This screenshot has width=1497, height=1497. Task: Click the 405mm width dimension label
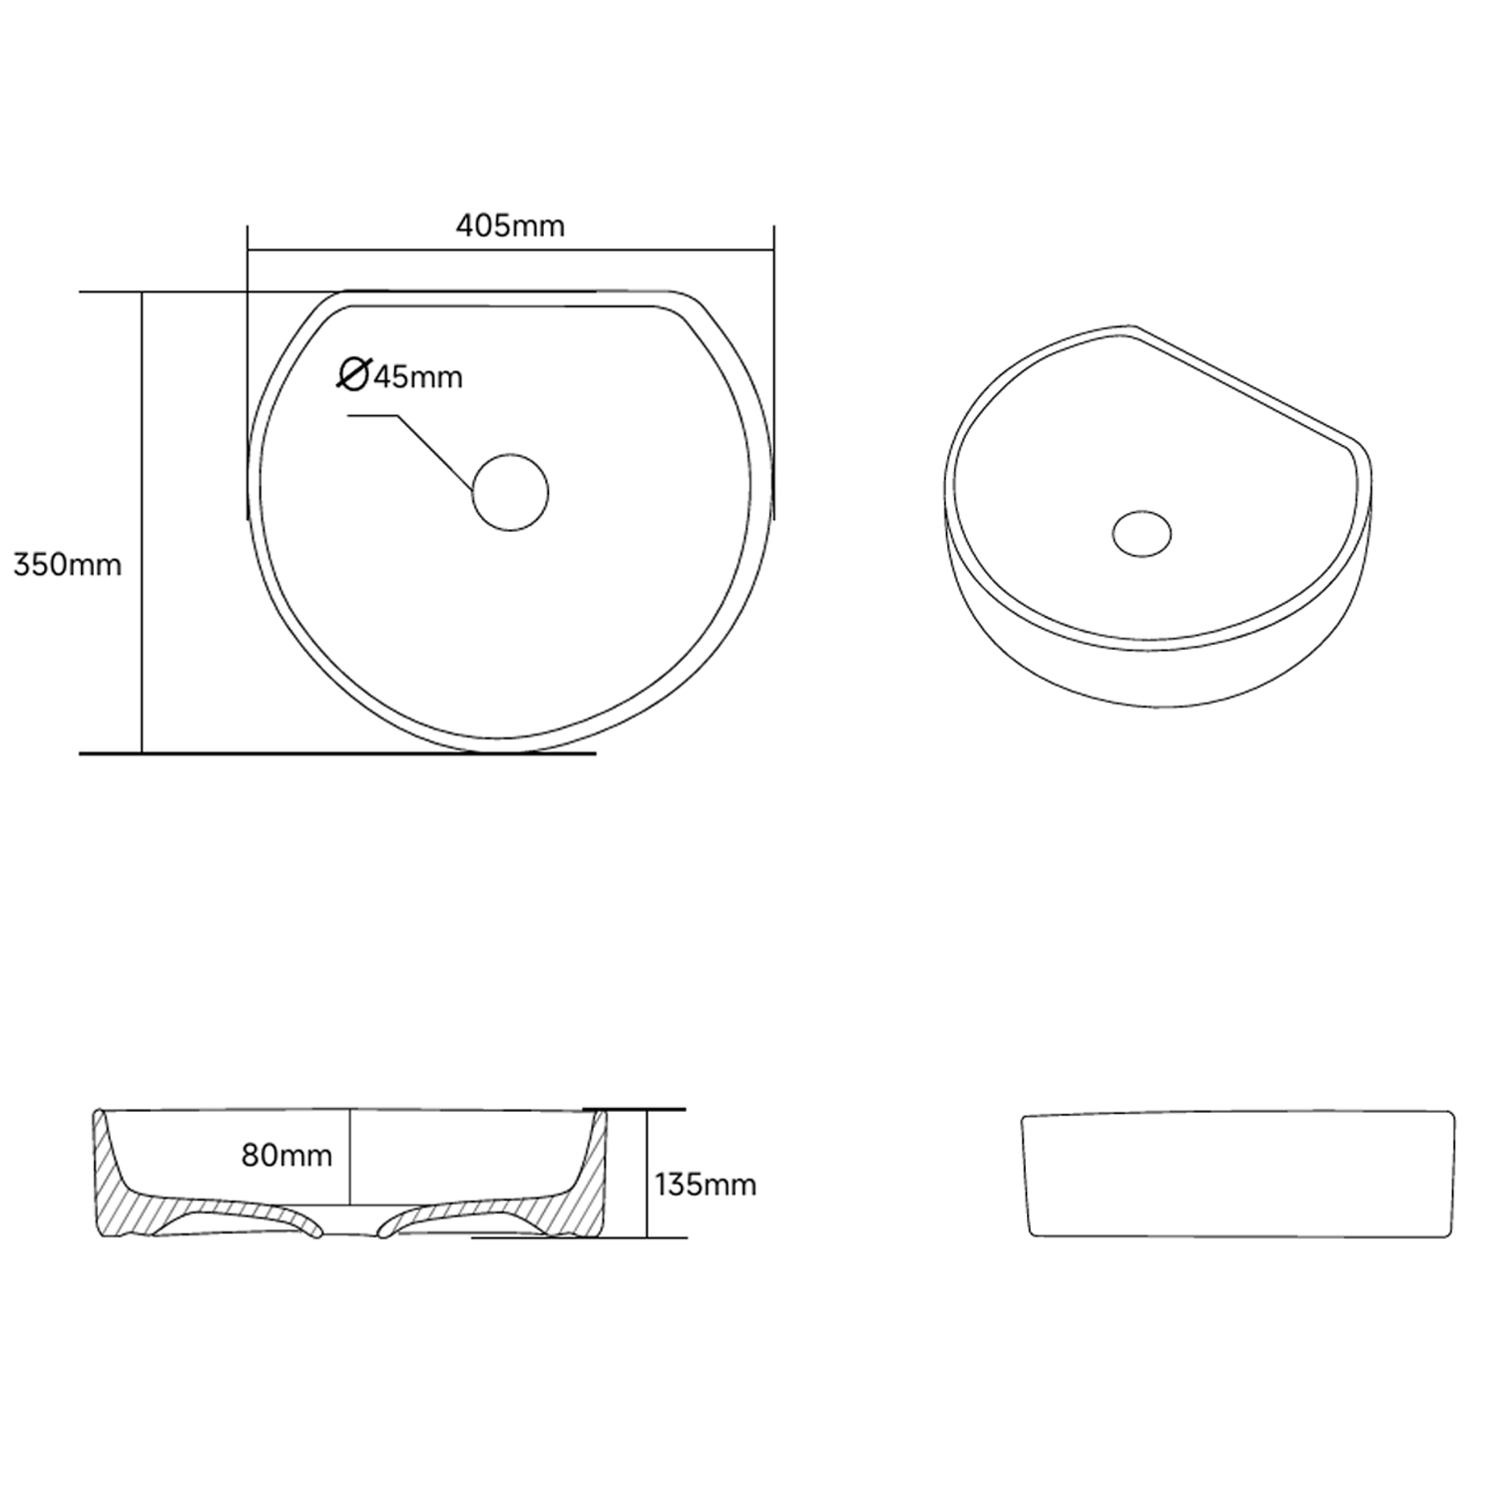click(x=510, y=227)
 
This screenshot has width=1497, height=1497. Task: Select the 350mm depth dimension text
click(x=67, y=565)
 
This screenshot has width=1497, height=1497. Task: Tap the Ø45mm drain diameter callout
click(x=401, y=376)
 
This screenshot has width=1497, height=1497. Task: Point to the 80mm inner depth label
click(x=286, y=1156)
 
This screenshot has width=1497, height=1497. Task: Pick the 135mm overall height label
click(x=706, y=1185)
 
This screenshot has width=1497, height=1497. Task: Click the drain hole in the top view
click(x=510, y=492)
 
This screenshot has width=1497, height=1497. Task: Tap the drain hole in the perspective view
click(x=1142, y=533)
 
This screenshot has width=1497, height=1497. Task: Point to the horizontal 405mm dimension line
click(x=510, y=249)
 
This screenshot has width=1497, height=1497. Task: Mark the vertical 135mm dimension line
click(x=647, y=1173)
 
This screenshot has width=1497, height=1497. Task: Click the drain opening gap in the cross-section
click(x=350, y=1230)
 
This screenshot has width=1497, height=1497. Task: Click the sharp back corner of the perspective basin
click(x=1134, y=326)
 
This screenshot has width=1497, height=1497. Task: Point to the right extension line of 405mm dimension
click(x=774, y=369)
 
